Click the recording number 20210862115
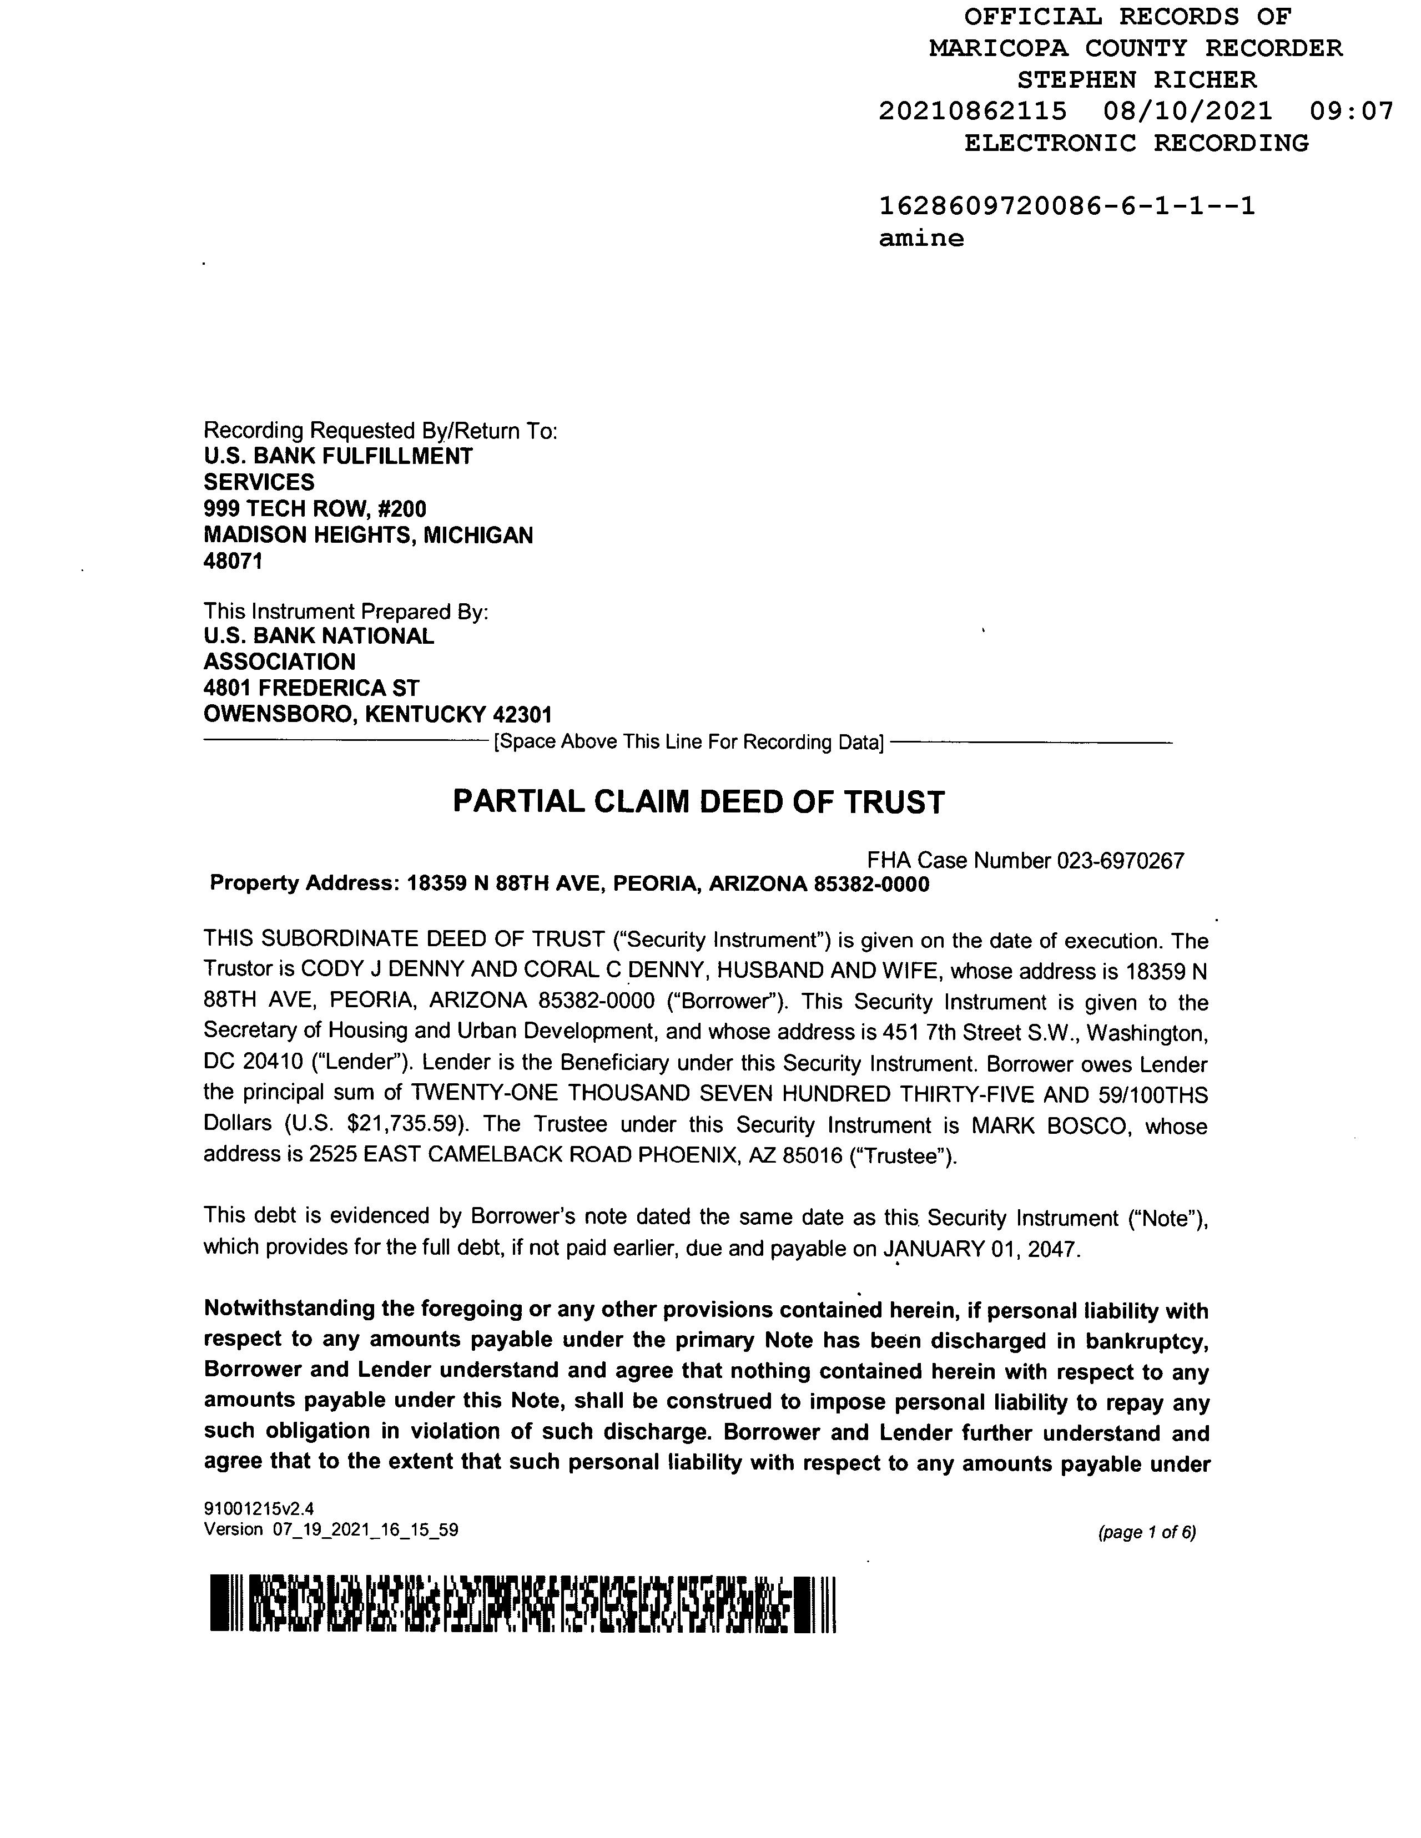[972, 111]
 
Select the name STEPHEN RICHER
[1136, 80]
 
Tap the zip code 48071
[233, 561]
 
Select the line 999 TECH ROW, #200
[315, 509]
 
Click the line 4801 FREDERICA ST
[311, 688]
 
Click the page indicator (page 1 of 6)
[1147, 1533]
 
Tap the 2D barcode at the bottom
[522, 1603]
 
